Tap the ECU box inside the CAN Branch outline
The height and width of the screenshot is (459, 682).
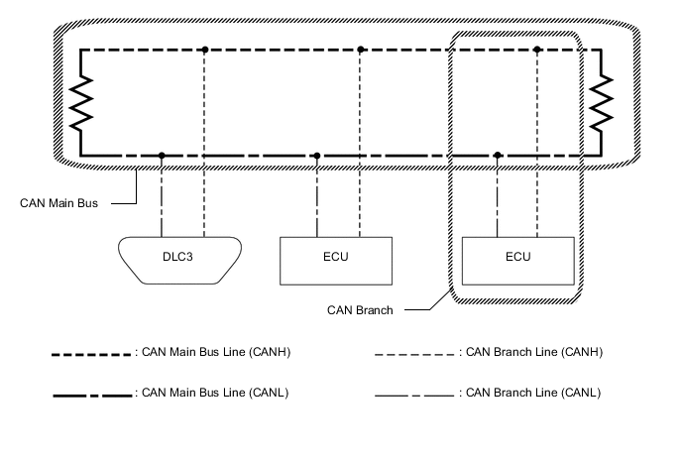(516, 261)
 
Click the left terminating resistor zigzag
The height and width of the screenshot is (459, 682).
(80, 101)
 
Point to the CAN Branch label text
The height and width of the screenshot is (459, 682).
(360, 310)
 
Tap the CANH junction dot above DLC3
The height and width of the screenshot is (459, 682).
(204, 49)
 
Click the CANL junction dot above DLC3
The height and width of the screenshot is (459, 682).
(162, 156)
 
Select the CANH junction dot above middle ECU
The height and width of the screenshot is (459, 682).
(361, 49)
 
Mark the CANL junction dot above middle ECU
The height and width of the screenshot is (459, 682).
(317, 156)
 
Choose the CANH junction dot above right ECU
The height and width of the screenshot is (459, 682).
(537, 49)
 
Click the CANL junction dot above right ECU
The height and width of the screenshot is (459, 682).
(498, 156)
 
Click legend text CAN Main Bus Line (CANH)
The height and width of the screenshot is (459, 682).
(214, 352)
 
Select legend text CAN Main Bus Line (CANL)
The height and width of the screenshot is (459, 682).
(214, 393)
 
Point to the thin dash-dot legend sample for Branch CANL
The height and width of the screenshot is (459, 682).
(413, 394)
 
